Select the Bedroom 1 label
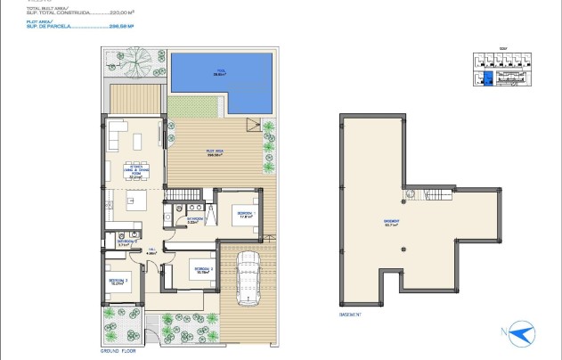(245, 213)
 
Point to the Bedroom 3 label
(119, 282)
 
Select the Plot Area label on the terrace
(214, 153)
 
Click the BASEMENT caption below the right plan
(351, 315)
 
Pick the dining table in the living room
(138, 143)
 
